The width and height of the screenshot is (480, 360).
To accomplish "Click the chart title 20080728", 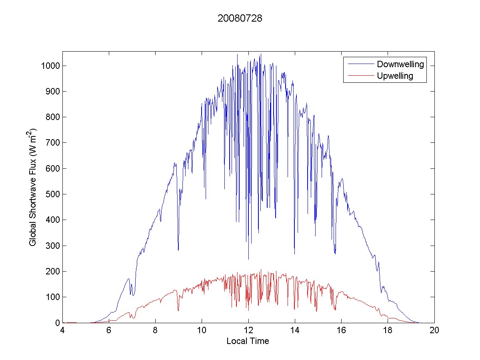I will point(240,19).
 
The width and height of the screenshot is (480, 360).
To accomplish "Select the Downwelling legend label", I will point(400,64).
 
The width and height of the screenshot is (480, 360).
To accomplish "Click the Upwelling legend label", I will point(395,76).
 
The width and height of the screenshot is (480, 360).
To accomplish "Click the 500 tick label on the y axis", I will point(52,194).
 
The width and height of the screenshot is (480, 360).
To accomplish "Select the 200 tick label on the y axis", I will point(52,272).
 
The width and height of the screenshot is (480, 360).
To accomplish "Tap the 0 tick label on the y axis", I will point(57,323).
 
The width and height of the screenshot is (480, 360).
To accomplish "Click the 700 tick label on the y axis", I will point(52,143).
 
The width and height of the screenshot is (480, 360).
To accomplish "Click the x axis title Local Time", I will point(248,341).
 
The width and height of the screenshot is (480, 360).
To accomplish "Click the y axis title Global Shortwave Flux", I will point(33,187).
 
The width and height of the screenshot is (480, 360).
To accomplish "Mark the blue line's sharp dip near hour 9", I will point(178,250).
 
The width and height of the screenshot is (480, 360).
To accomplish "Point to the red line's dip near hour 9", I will point(178,310).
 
